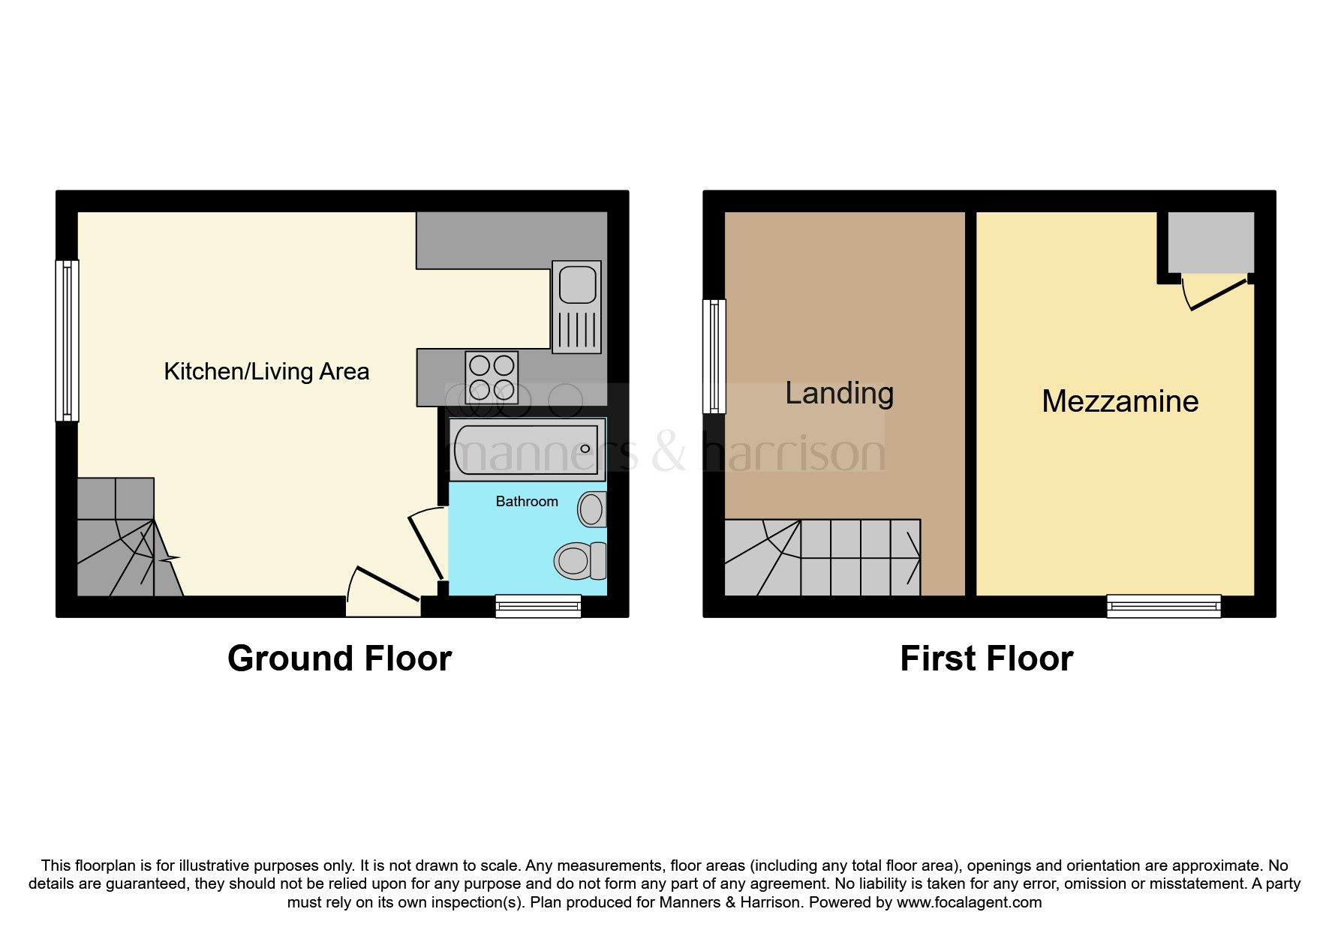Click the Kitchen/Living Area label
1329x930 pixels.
(x=266, y=371)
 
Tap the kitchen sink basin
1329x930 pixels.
(x=577, y=286)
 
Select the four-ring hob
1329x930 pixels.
(x=492, y=377)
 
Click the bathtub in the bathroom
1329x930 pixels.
(x=527, y=449)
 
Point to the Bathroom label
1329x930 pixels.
(x=527, y=502)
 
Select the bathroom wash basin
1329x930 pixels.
(x=592, y=510)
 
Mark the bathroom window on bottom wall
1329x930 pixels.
(x=538, y=605)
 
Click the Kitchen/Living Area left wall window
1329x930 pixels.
(x=67, y=340)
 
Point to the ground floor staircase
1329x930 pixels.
(x=120, y=547)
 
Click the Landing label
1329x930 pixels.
(x=839, y=393)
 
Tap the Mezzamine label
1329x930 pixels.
(x=1120, y=401)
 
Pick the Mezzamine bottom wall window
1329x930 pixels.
(x=1163, y=605)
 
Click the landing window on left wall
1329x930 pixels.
(x=714, y=356)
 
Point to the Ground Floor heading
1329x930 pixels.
(x=339, y=658)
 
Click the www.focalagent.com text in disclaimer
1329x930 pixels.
(x=969, y=902)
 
